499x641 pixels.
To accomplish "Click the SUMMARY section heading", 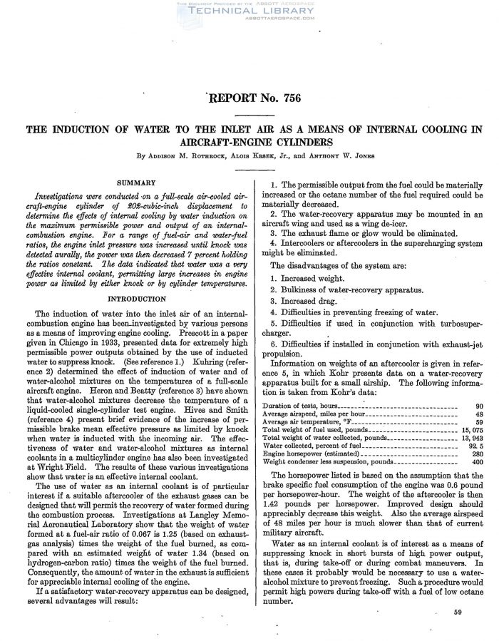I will pyautogui.click(x=135, y=182).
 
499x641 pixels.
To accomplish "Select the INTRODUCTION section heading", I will pyautogui.click(x=135, y=299).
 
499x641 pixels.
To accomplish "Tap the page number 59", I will pyautogui.click(x=457, y=612).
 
